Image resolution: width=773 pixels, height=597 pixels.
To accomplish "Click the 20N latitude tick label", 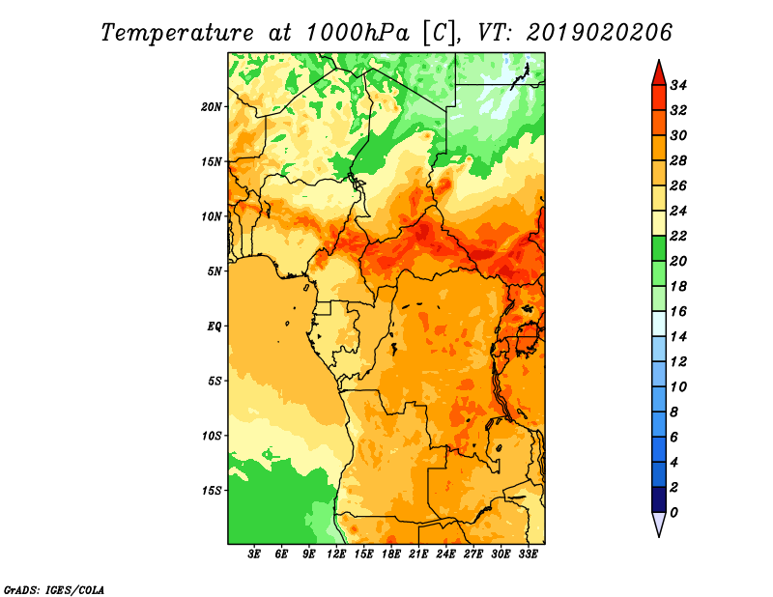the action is coord(212,106).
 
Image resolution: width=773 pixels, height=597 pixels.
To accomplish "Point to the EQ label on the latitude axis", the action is coord(215,326).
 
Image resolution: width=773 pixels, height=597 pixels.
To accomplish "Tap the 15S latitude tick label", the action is coord(212,491).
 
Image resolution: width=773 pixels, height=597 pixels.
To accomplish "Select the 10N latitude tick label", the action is coord(212,216).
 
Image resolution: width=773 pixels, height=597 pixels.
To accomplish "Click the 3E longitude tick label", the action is coord(253,554).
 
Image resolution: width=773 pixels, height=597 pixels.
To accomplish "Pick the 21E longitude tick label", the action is coord(418,554).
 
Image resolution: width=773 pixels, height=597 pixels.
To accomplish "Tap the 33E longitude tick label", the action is coord(528,554).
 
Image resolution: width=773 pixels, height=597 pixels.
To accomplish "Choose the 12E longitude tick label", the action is coord(335,554).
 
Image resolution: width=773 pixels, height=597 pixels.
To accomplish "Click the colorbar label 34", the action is coord(678,85).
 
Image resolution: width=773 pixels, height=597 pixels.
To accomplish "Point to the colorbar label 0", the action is coord(673,513).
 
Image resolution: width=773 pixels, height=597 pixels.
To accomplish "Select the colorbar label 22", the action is coord(678,236).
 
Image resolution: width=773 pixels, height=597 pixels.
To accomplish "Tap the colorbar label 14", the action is coord(678,337).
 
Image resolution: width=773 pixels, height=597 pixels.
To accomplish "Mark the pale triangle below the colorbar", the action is coord(659,522).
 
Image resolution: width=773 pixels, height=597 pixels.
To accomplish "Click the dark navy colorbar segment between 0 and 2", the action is coord(659,499).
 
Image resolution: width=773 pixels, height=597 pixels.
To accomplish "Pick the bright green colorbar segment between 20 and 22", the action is coord(659,248).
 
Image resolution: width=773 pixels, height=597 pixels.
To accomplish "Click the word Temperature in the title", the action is coord(178,33).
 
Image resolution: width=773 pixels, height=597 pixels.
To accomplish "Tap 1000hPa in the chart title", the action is coord(358,33).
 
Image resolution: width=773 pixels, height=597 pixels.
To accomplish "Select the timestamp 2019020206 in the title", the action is coord(599,33).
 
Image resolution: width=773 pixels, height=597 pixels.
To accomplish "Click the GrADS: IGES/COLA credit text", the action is coord(54,589).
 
